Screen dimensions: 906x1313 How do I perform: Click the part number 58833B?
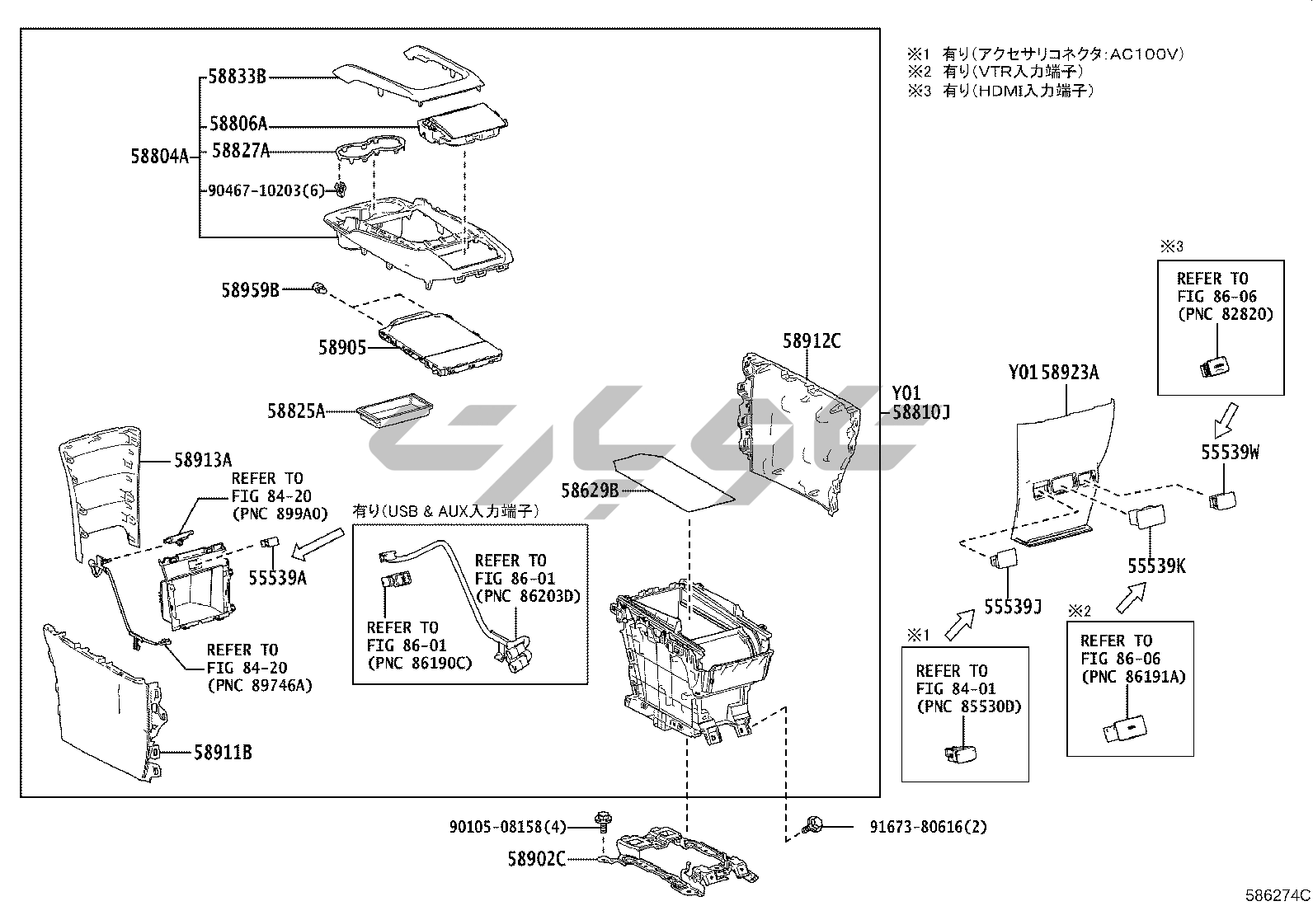(x=237, y=77)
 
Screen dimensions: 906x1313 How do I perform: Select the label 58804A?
(x=160, y=155)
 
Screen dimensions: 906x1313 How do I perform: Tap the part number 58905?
(x=342, y=348)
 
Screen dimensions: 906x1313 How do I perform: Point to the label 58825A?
(x=296, y=410)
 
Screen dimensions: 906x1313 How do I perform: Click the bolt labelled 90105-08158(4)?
(x=601, y=820)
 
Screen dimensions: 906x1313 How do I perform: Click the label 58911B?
(x=223, y=752)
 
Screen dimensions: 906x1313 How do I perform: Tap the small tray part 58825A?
(x=395, y=410)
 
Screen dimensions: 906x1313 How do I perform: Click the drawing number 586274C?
(x=1278, y=895)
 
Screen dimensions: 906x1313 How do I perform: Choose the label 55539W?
(x=1230, y=452)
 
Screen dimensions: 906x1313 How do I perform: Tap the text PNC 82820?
(x=1225, y=314)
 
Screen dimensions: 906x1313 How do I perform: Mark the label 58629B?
(x=590, y=491)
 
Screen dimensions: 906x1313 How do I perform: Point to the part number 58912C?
(x=812, y=340)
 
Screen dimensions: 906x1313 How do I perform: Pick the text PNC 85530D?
(x=968, y=706)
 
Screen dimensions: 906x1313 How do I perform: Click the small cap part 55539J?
(x=1005, y=560)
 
